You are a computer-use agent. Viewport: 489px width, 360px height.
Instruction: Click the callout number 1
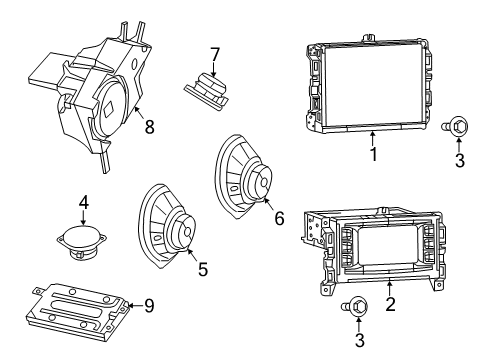point(372,157)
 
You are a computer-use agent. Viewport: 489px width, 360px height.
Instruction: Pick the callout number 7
point(213,53)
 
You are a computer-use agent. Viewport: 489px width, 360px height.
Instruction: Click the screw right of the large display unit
point(459,126)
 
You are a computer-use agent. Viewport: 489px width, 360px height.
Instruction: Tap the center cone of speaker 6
point(262,184)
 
